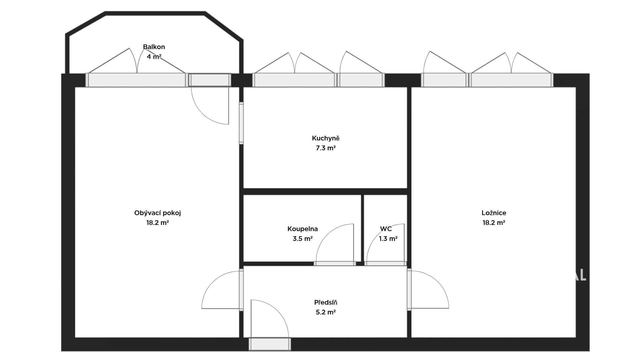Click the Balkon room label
pos(154,47)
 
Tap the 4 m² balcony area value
pos(154,57)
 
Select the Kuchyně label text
pos(326,138)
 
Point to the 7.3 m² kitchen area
pos(326,148)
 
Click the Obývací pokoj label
pos(157,213)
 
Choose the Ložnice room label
pos(494,213)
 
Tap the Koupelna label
pos(303,229)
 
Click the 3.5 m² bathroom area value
pos(303,239)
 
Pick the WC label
pos(386,229)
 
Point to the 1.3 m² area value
pos(388,239)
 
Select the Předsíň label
pos(326,303)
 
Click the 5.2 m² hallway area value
pos(326,312)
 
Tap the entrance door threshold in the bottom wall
pos(270,344)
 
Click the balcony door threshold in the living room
pos(210,80)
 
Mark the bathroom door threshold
pos(335,264)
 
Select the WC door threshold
pos(385,264)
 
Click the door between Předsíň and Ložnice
pos(409,289)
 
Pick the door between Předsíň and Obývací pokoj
pos(241,290)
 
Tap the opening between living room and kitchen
pos(241,123)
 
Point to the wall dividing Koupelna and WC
pos(363,228)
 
